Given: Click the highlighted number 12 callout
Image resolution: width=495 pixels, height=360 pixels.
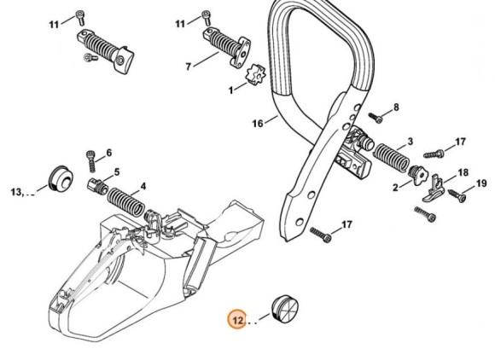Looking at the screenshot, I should point(239,320).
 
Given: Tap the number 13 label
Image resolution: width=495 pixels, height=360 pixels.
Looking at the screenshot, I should point(19,191).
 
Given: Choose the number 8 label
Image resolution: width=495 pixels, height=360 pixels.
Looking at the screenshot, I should point(396,107).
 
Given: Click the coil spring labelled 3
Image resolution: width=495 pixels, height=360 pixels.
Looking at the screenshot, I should point(389,160).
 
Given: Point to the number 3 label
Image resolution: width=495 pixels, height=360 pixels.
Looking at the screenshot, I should point(411,141).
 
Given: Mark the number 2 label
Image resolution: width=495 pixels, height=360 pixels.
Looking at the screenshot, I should point(395,187).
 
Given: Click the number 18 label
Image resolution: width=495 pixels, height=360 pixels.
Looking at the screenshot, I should point(463,171).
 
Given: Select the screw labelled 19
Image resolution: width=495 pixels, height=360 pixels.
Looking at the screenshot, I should point(457,196).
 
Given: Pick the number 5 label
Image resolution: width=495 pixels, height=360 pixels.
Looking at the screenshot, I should point(116,171).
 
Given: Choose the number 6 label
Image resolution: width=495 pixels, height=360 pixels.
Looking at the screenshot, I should point(108,154).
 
